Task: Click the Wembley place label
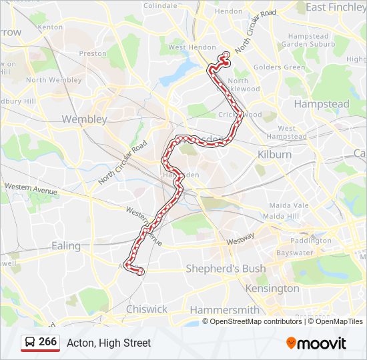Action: (x=84, y=119)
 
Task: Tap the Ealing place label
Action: (x=66, y=246)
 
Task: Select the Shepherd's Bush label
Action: (x=226, y=269)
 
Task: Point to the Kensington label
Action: (x=272, y=289)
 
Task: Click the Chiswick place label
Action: (x=147, y=309)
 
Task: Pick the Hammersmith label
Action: (x=224, y=310)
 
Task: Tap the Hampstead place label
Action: (x=322, y=105)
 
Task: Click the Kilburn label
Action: (x=274, y=154)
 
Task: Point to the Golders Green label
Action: (x=280, y=67)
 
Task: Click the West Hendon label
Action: (x=188, y=47)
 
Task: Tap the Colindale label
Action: (x=160, y=5)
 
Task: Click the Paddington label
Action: (x=311, y=241)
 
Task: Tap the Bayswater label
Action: (x=294, y=253)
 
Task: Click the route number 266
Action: (x=47, y=342)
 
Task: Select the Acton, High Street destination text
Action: (x=109, y=343)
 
